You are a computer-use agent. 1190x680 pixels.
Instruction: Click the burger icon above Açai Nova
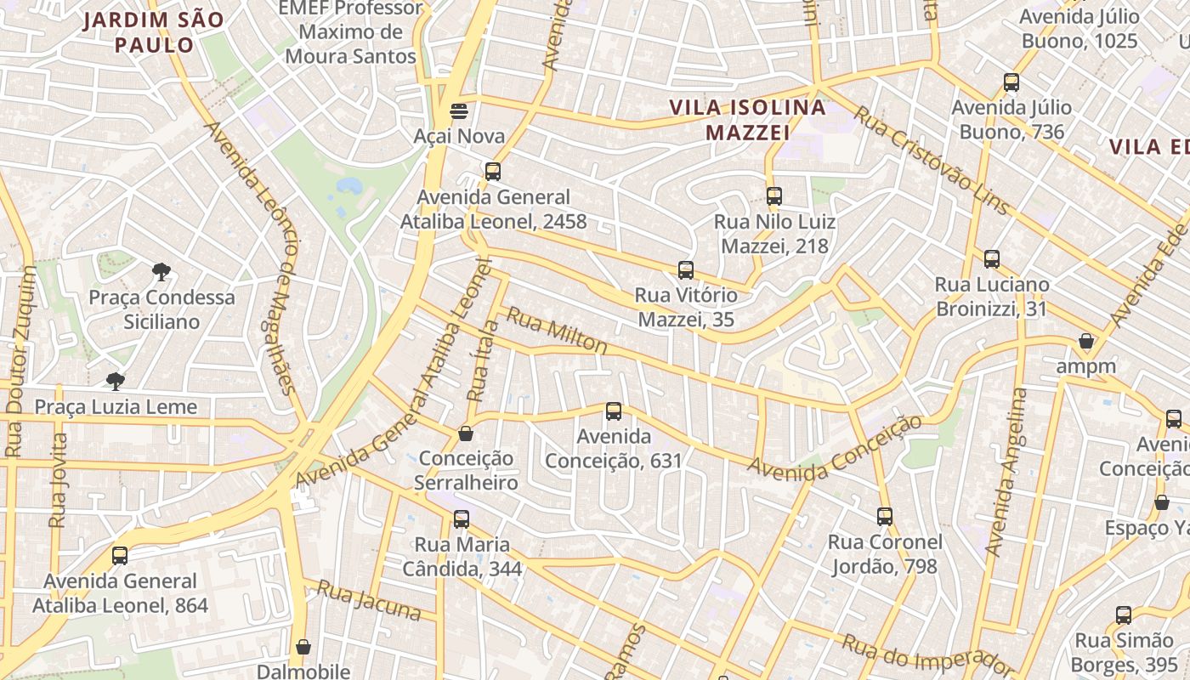tap(458, 110)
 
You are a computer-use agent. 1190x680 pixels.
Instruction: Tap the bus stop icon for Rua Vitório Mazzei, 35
tap(686, 270)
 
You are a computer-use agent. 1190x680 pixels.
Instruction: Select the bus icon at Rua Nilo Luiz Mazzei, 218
tap(773, 196)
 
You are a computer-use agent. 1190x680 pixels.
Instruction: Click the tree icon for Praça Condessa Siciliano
tap(161, 272)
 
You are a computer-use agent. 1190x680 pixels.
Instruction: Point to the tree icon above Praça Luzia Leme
tap(116, 381)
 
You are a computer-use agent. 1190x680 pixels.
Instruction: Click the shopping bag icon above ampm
tap(1085, 342)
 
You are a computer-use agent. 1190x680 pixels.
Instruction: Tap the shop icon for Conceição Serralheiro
tap(466, 433)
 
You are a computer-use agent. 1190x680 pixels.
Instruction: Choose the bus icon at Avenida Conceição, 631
tap(614, 411)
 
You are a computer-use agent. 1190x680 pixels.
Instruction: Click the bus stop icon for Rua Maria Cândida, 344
tap(462, 518)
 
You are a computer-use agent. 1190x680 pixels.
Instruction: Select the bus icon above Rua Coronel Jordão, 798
tap(885, 516)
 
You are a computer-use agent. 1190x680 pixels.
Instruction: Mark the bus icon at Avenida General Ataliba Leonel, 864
tap(120, 556)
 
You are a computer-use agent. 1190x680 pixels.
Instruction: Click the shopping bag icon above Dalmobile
tap(303, 647)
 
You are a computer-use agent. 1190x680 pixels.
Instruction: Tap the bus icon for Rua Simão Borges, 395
tap(1124, 615)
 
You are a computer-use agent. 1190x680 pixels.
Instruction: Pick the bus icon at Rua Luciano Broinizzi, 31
tap(992, 259)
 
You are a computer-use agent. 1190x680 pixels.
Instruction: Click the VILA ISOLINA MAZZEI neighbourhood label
tap(748, 120)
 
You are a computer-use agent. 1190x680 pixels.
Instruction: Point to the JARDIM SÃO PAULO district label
tap(154, 31)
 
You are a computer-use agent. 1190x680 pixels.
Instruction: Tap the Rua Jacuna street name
tap(369, 599)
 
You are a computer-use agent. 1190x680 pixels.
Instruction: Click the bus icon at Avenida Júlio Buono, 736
tap(1011, 82)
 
